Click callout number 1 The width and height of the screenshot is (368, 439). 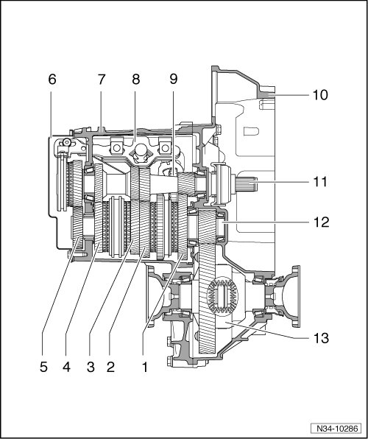[x=145, y=368]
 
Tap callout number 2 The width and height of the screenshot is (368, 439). [x=110, y=368]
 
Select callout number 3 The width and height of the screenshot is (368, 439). [x=91, y=368]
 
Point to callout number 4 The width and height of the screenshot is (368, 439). [x=66, y=368]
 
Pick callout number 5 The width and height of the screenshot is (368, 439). [x=43, y=368]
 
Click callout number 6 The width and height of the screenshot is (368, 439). [x=52, y=80]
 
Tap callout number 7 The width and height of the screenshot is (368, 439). [x=102, y=80]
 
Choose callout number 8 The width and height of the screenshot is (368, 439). [x=135, y=80]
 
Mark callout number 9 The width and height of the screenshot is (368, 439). [x=173, y=80]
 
